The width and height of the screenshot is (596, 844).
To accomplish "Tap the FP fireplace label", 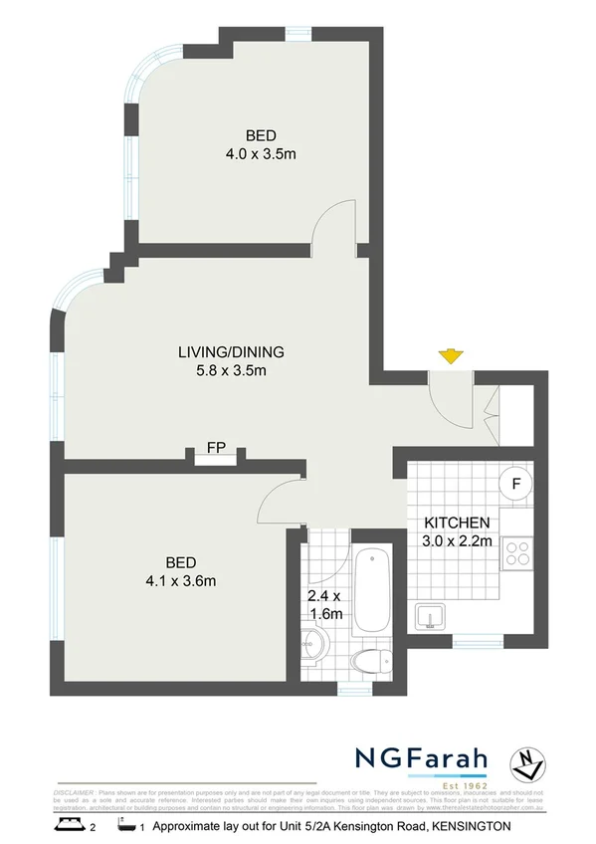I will (x=215, y=447).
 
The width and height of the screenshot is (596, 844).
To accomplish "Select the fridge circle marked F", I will (x=515, y=484).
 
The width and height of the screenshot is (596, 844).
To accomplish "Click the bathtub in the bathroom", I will (x=374, y=589).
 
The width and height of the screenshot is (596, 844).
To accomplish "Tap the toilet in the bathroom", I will (x=376, y=660).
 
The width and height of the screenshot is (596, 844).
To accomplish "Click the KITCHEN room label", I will (x=457, y=524).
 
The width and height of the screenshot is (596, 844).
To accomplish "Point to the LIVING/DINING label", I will (x=231, y=351).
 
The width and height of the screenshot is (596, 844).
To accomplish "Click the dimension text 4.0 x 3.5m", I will (x=261, y=154).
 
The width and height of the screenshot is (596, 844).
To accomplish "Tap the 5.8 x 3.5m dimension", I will (x=231, y=370).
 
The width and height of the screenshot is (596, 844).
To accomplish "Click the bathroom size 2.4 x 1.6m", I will (x=324, y=605).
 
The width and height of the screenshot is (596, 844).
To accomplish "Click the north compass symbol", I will (x=527, y=764).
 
